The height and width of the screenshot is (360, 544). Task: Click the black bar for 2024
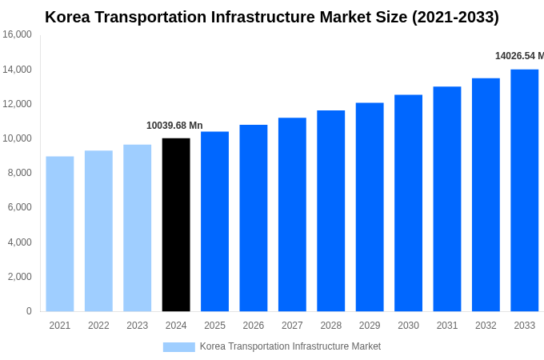coord(176,225)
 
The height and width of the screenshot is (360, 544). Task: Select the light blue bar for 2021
coord(60,234)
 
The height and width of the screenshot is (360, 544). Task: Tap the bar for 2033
coord(524,190)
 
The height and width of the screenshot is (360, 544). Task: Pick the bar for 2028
coord(330,211)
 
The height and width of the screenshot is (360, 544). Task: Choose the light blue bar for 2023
coord(137,228)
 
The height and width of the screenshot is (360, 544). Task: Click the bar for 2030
coord(408,203)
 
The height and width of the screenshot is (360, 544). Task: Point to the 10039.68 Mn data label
coord(174,126)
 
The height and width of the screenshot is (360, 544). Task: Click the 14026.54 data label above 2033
coord(518,56)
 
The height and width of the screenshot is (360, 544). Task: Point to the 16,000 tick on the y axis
coord(17,35)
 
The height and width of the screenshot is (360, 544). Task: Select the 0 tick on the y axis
coord(29,311)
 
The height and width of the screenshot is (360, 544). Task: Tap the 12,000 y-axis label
coord(17,104)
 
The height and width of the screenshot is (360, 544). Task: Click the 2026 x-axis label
coord(253,326)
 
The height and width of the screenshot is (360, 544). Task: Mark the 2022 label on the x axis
coord(98,326)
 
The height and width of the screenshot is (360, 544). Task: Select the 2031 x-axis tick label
coord(446,326)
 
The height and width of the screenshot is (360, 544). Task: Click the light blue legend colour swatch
coord(178,346)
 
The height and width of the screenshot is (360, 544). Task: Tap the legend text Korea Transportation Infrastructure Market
coord(290,346)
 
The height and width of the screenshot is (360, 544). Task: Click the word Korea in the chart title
coord(66,17)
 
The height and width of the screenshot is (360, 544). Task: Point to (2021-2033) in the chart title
coord(455,17)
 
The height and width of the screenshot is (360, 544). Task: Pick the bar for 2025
coord(214,222)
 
